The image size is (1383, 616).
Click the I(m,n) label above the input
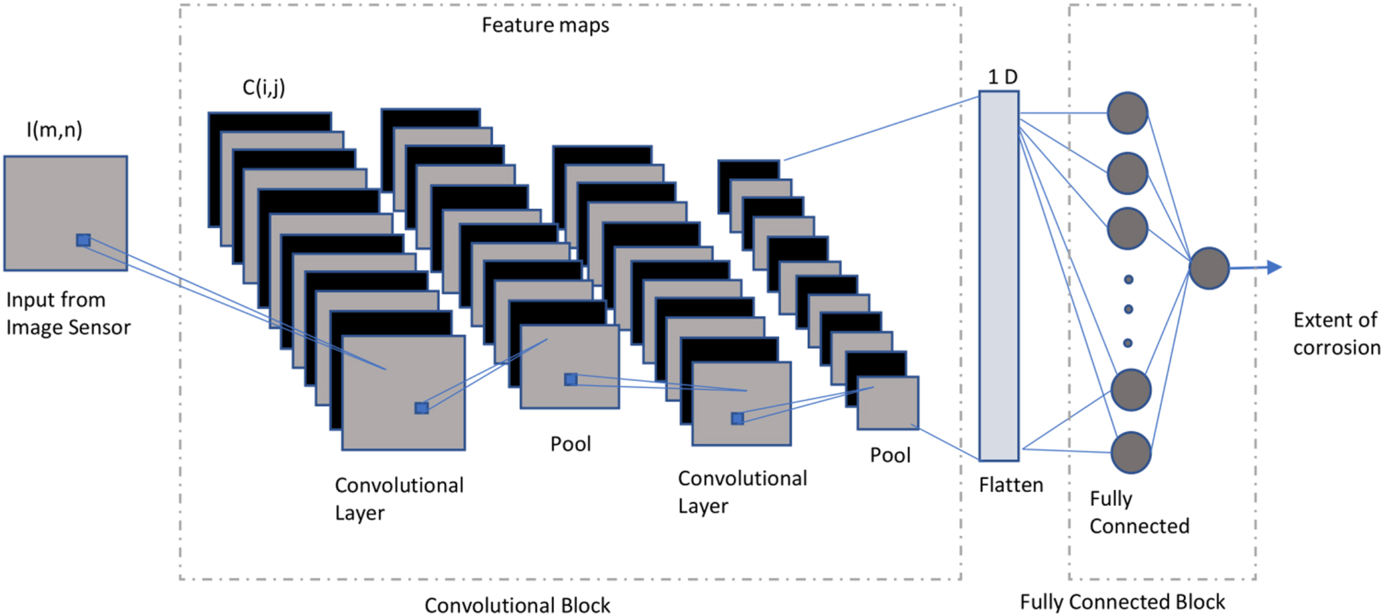pyautogui.click(x=55, y=129)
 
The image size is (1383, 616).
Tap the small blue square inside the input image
pyautogui.click(x=84, y=240)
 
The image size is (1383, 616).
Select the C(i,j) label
pyautogui.click(x=264, y=87)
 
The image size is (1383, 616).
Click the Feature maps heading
pyautogui.click(x=545, y=25)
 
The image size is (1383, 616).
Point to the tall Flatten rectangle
pyautogui.click(x=999, y=276)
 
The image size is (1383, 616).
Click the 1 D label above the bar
pyautogui.click(x=1002, y=77)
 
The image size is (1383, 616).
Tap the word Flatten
pyautogui.click(x=1011, y=485)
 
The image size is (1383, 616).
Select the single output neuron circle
pyautogui.click(x=1209, y=268)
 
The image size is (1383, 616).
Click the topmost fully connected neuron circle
pyautogui.click(x=1128, y=113)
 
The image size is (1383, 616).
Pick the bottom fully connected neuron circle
pyautogui.click(x=1131, y=452)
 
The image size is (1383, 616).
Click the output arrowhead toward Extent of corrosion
pyautogui.click(x=1273, y=267)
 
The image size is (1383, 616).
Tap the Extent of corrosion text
pyautogui.click(x=1336, y=334)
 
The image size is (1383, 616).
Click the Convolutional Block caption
pyautogui.click(x=517, y=605)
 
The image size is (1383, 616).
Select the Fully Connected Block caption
pyautogui.click(x=1122, y=602)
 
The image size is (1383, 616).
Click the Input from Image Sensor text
pyautogui.click(x=68, y=314)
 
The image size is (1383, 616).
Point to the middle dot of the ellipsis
pyautogui.click(x=1128, y=309)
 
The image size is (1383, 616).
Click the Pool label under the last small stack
pyautogui.click(x=890, y=455)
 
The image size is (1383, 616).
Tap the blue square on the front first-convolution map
pyautogui.click(x=422, y=408)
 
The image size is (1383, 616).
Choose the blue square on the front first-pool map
pyautogui.click(x=571, y=380)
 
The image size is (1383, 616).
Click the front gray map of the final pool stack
pyautogui.click(x=888, y=402)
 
